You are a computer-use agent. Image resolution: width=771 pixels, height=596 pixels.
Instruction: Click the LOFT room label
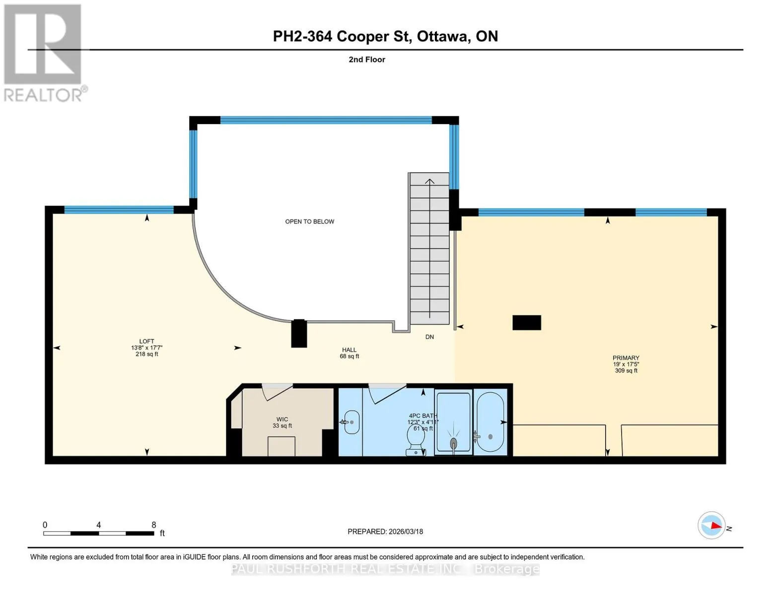coord(146,341)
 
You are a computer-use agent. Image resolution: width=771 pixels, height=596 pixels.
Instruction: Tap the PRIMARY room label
coord(626,358)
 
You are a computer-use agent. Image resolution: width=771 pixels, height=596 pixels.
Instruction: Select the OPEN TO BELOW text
coord(309,222)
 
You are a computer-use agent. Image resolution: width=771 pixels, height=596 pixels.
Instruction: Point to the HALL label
coord(349,350)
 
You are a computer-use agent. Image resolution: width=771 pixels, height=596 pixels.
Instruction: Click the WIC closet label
coord(282,419)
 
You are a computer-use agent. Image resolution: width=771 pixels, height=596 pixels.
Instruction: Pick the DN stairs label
coord(429,337)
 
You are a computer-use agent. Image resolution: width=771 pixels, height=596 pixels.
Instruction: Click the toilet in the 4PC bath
coord(416,440)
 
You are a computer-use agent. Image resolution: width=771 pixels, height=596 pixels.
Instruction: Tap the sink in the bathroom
coord(351,422)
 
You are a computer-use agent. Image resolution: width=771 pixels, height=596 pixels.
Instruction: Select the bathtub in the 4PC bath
coord(490,422)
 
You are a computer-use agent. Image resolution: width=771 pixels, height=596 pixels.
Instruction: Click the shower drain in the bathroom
coord(453,443)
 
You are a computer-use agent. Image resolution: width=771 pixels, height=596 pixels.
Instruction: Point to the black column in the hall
coord(299,333)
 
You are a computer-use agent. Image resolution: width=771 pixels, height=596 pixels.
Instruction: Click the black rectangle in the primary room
coord(527,323)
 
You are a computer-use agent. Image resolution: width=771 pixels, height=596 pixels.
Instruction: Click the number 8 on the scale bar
coord(153,524)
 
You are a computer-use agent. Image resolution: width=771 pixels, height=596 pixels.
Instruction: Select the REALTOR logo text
coord(43,95)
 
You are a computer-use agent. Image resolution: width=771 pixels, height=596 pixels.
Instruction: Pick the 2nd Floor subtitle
coord(367,60)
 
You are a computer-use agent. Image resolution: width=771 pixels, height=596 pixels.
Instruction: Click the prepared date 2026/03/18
coord(406,531)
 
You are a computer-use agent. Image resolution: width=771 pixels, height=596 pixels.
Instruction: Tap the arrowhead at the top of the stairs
coord(429,181)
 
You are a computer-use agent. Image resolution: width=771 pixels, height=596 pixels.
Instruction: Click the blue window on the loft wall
coord(119,210)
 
